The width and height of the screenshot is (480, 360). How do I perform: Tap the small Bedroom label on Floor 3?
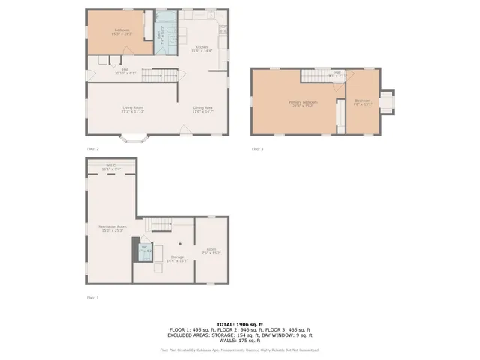click(x=363, y=102)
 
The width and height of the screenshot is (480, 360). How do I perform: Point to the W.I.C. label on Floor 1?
click(x=111, y=166)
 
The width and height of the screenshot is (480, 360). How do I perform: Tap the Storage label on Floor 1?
click(x=177, y=257)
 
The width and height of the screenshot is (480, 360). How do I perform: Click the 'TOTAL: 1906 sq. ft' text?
click(x=239, y=323)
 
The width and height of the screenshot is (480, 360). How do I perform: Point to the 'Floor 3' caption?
click(x=257, y=149)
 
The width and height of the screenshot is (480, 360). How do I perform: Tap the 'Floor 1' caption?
click(x=92, y=298)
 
